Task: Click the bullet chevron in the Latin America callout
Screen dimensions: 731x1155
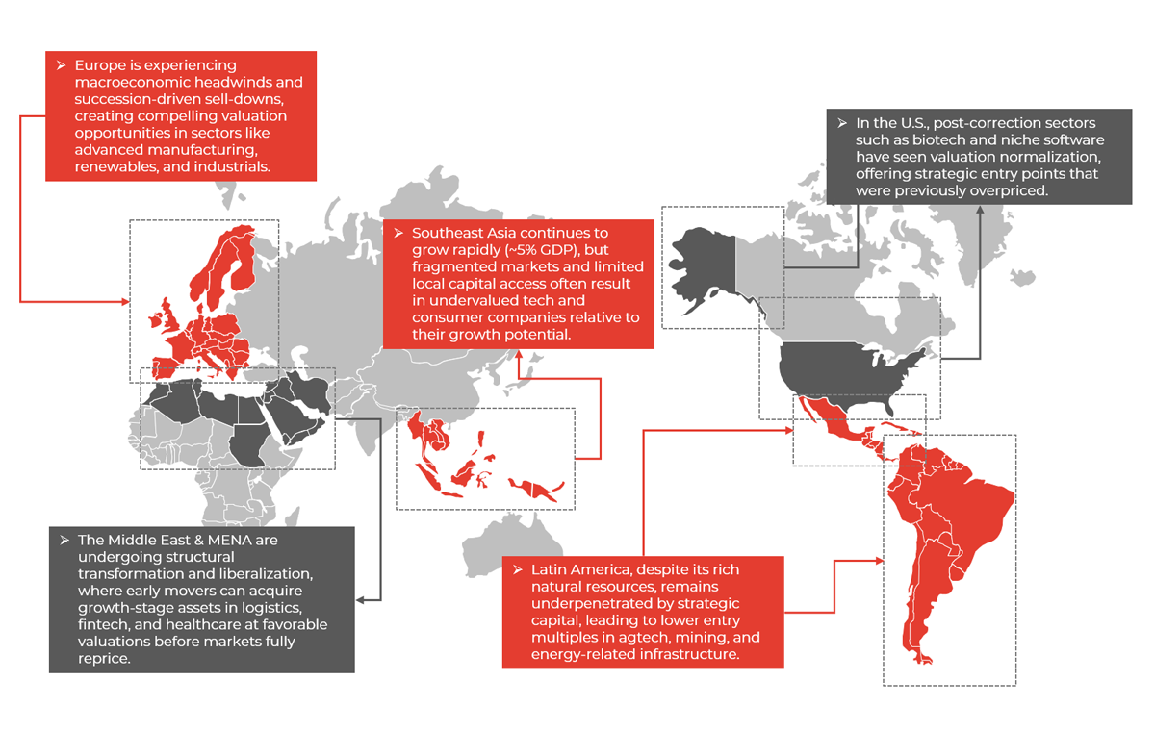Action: [x=518, y=569]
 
